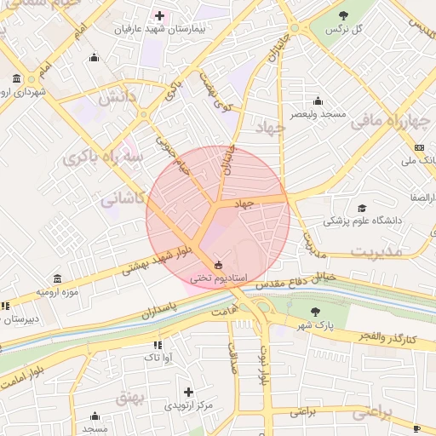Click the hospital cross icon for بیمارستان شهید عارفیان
click(x=159, y=15)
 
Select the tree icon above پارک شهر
click(x=317, y=311)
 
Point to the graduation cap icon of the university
click(x=361, y=208)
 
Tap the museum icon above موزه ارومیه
click(x=56, y=279)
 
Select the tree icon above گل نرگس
click(x=343, y=15)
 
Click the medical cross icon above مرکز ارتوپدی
click(x=188, y=392)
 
